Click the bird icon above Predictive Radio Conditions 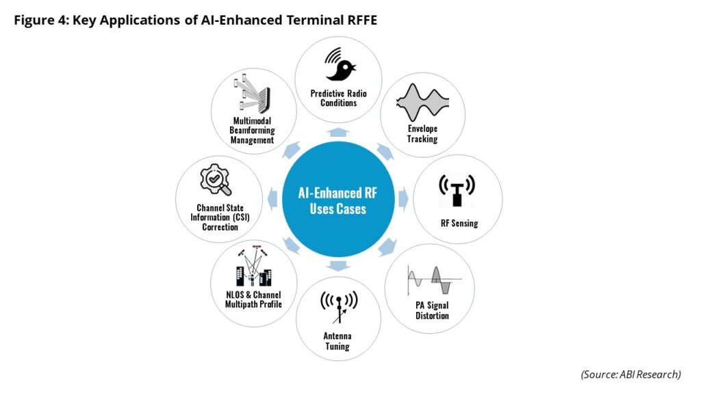(340, 65)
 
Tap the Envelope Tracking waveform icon (422, 103)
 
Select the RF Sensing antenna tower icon (457, 190)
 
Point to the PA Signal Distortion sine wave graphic (431, 280)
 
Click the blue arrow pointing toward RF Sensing (403, 198)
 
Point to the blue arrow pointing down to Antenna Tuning (339, 265)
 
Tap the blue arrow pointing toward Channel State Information (273, 199)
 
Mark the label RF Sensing (459, 223)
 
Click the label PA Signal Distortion (432, 311)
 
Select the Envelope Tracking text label (422, 134)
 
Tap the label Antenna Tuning (337, 341)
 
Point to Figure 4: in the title (44, 20)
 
